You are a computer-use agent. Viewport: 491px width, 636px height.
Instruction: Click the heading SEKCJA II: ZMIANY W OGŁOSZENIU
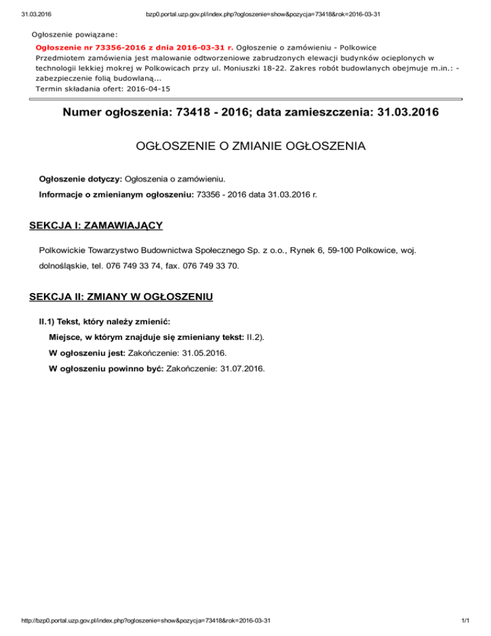click(x=121, y=298)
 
